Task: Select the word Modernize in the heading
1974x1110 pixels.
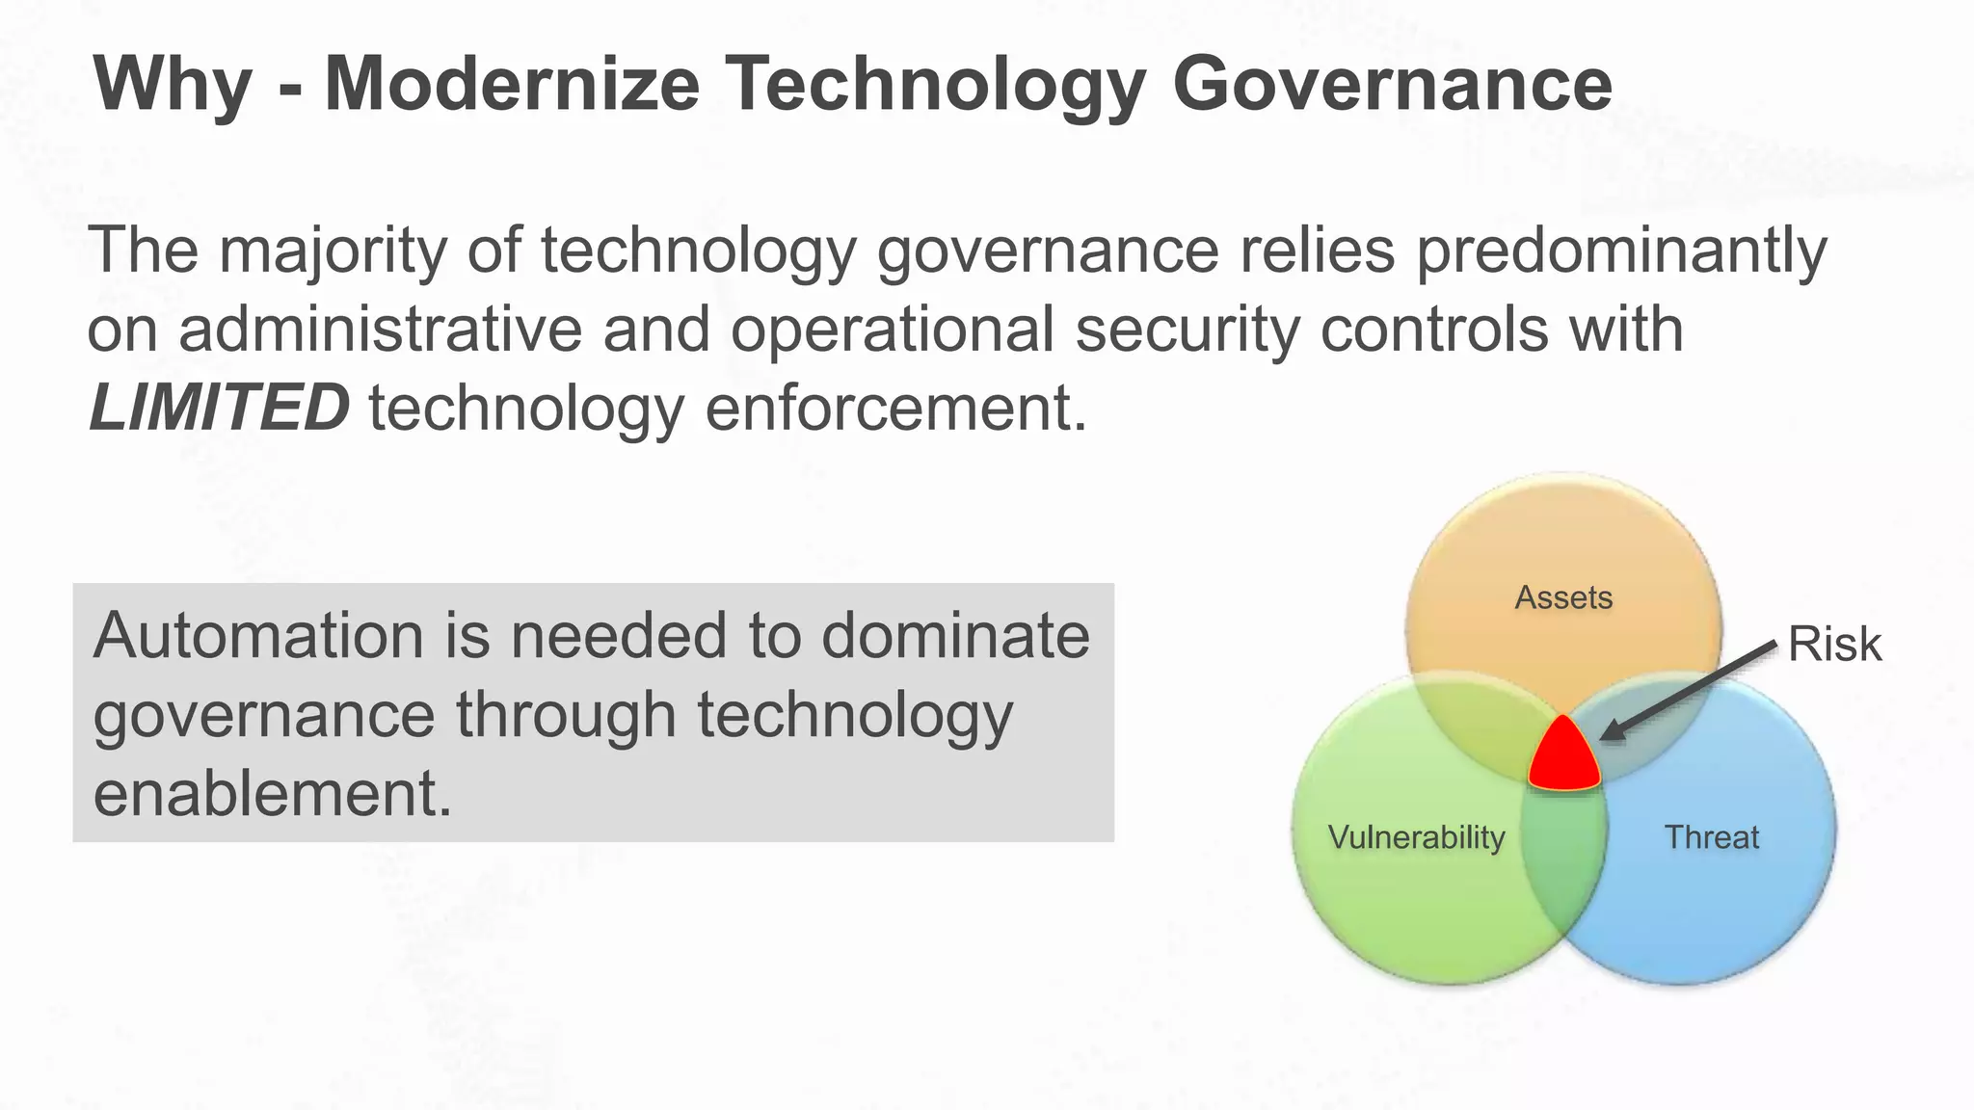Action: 512,85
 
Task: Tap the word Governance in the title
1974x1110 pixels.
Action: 1392,85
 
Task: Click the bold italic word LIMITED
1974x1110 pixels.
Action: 219,408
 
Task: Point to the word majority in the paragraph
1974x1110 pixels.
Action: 333,252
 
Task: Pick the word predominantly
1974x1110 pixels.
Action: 1620,252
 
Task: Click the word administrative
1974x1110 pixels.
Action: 381,330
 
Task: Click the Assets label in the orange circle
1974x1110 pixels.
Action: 1563,597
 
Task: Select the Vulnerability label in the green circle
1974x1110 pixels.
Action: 1416,836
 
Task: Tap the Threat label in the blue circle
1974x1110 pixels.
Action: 1712,836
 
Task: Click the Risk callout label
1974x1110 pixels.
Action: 1834,644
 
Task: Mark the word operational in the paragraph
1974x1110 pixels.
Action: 893,330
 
